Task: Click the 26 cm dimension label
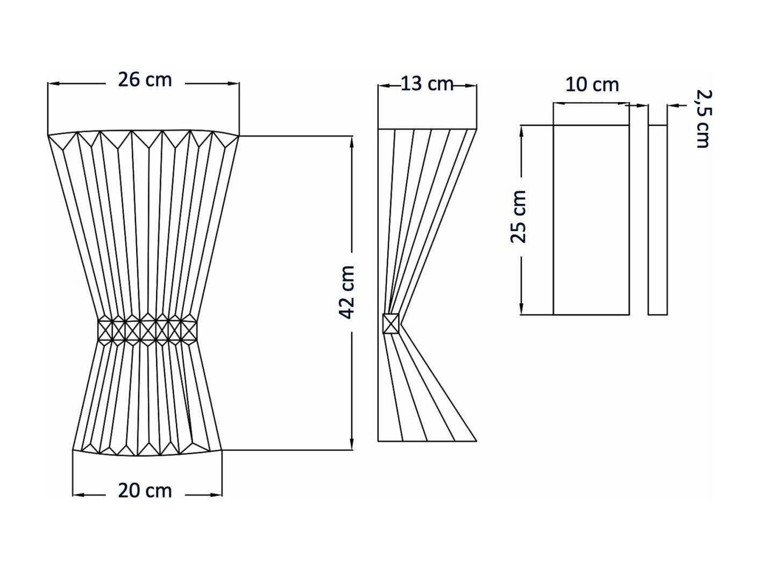point(145,80)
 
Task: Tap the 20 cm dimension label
point(145,491)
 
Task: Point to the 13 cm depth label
point(427,84)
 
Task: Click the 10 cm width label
point(592,85)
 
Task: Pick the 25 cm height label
point(518,217)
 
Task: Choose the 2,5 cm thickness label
point(703,119)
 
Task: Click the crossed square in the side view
point(391,323)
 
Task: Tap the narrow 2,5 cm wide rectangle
point(657,220)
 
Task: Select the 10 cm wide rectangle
point(591,220)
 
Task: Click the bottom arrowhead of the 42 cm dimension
point(352,445)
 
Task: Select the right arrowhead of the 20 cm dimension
point(217,495)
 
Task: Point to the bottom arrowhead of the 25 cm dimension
point(522,309)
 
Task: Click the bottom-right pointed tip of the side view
point(477,441)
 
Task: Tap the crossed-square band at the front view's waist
point(147,330)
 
